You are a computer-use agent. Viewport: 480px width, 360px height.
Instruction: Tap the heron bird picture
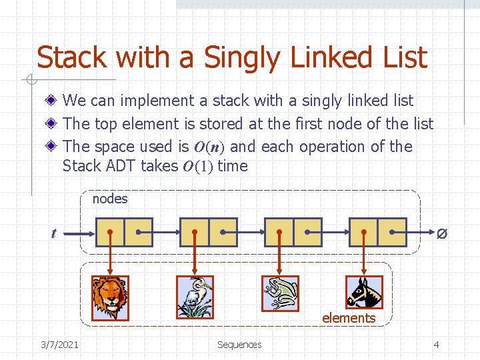click(x=195, y=297)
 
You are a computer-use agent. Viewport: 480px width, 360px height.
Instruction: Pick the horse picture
click(x=365, y=292)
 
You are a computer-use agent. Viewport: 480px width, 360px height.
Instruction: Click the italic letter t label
click(x=53, y=233)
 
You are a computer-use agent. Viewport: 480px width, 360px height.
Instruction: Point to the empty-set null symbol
click(x=441, y=234)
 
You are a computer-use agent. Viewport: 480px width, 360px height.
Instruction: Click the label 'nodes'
click(x=110, y=199)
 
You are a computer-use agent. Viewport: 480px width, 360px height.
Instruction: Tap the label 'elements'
click(x=349, y=318)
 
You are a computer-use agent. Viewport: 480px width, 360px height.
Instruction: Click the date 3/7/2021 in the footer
click(x=59, y=344)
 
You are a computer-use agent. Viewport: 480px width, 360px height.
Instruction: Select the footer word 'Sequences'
click(x=239, y=344)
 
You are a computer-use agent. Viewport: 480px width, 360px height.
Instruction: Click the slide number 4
click(x=436, y=344)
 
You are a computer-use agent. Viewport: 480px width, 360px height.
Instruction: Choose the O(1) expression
click(x=197, y=167)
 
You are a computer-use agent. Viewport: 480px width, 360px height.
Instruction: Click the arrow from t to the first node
click(x=79, y=233)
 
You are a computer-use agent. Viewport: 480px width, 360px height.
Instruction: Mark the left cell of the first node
click(x=110, y=232)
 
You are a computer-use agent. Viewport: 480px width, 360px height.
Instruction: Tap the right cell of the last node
click(x=392, y=232)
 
